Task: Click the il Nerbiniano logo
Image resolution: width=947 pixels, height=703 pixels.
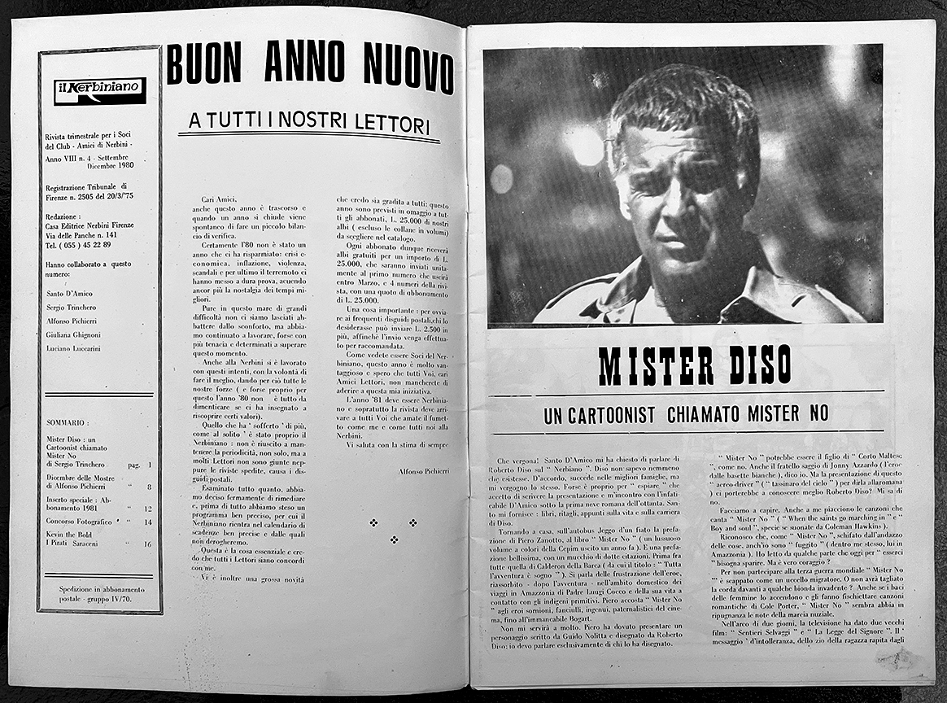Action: (x=99, y=90)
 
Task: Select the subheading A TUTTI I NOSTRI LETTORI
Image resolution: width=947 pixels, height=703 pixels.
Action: (x=308, y=122)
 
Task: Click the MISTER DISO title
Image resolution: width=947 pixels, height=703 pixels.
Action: (x=694, y=367)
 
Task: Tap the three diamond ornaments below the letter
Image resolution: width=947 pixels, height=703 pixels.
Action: (x=393, y=530)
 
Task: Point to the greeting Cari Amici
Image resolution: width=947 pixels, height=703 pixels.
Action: (x=219, y=199)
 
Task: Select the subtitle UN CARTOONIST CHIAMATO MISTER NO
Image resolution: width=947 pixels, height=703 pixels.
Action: (x=685, y=415)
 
